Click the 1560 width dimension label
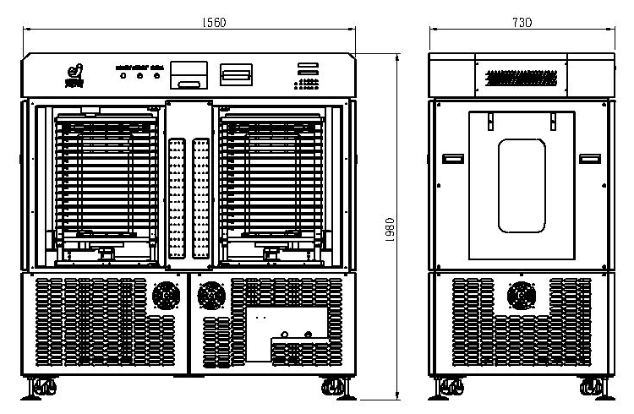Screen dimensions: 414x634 pos(190,22)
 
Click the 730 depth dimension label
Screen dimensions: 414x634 pos(522,23)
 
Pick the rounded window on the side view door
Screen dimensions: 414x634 pos(522,186)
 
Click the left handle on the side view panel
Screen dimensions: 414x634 pos(453,158)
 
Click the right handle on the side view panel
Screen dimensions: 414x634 pos(589,158)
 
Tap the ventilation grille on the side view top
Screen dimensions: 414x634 pos(522,79)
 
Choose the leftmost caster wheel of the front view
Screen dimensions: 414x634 pos(41,388)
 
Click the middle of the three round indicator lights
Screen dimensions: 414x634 pos(140,76)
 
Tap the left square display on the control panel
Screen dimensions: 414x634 pos(187,75)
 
